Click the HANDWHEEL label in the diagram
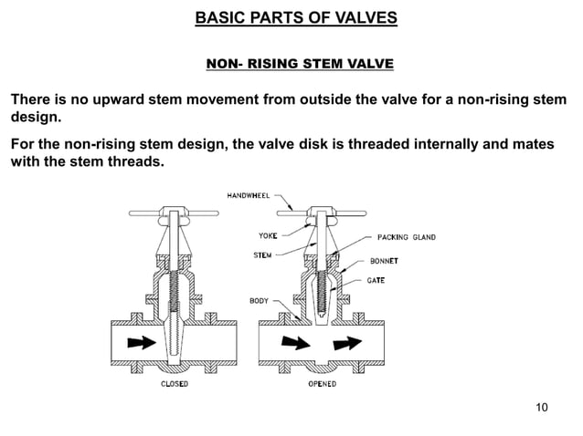tap(249, 195)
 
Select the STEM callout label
tap(263, 254)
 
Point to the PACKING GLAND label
tap(405, 238)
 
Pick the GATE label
tap(376, 280)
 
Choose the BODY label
tap(260, 300)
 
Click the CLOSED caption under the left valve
tap(175, 384)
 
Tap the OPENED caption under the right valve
tap(321, 384)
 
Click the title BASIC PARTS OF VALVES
tap(291, 17)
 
